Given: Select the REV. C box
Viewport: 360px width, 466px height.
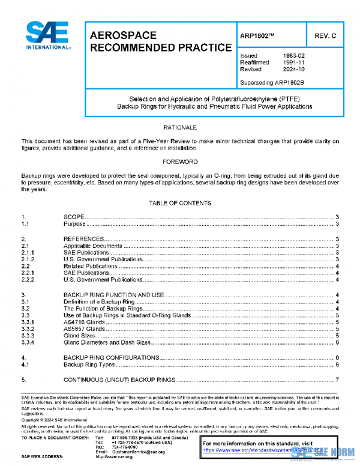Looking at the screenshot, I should tap(325, 36).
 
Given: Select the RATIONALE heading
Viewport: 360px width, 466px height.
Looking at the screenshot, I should tap(180, 128).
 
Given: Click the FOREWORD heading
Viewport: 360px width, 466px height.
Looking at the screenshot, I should tap(180, 162).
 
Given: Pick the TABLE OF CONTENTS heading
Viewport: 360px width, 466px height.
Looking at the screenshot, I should tap(180, 204).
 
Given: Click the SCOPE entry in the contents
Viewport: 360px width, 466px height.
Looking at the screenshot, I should tap(75, 217).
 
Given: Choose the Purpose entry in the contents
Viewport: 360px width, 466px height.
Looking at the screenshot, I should tap(74, 224).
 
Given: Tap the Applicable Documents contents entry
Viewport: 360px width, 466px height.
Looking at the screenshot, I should tap(93, 246).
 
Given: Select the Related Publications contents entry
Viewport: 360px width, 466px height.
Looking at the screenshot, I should tap(91, 266).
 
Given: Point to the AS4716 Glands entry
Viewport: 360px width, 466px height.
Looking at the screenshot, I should tap(84, 322).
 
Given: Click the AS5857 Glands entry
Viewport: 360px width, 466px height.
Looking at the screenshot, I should tap(84, 328).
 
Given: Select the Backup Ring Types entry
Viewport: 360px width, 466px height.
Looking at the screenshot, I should tap(89, 364).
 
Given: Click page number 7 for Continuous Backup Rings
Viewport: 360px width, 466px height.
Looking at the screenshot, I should tap(338, 380).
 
